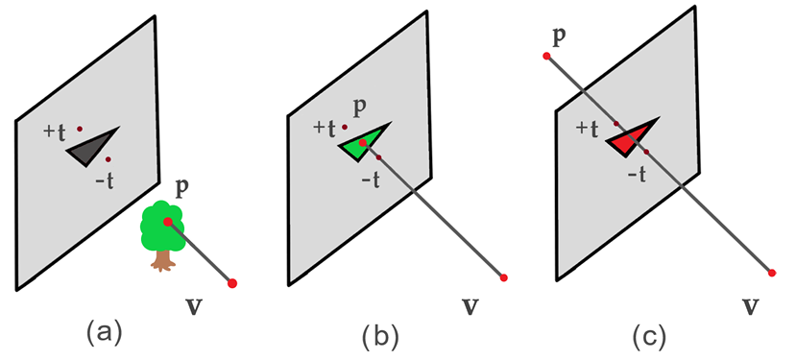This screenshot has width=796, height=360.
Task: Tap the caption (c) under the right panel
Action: click(x=647, y=336)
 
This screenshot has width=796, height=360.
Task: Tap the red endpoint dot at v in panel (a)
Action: click(x=232, y=282)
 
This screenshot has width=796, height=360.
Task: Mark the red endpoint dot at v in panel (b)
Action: click(x=503, y=277)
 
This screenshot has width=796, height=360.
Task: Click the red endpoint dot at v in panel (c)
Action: click(x=773, y=272)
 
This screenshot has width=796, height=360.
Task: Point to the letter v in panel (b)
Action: click(x=470, y=306)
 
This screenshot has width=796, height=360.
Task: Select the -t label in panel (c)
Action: click(x=635, y=174)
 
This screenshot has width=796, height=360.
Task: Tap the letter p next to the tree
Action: click(x=181, y=184)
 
